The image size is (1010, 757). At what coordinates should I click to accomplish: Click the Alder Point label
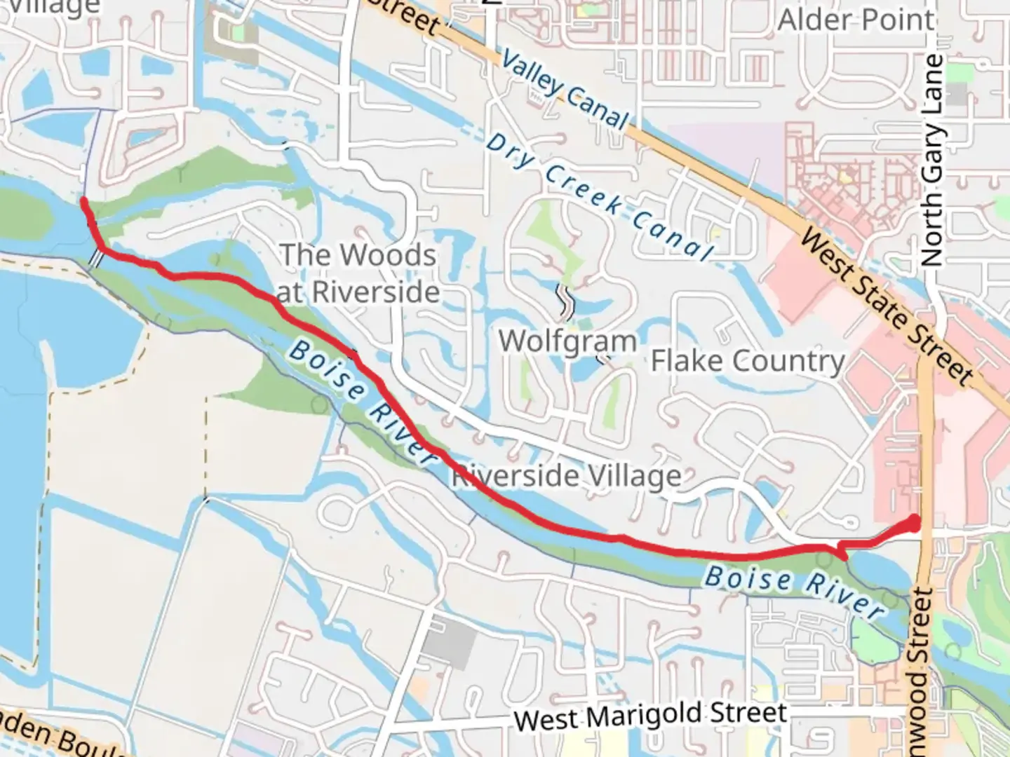[x=856, y=20]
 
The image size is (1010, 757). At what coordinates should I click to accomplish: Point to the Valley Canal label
[x=565, y=90]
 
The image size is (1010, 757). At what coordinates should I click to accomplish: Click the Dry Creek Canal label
[x=600, y=196]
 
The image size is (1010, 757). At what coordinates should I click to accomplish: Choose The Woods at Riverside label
[x=358, y=273]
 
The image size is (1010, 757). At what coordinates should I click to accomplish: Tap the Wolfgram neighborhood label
[x=567, y=341]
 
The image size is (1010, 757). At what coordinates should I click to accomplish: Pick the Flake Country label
[x=748, y=361]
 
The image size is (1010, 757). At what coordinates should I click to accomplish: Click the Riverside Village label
[x=566, y=477]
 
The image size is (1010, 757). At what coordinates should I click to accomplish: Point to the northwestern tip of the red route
[x=83, y=202]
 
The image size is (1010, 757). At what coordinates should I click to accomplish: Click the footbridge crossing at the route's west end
[x=95, y=259]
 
